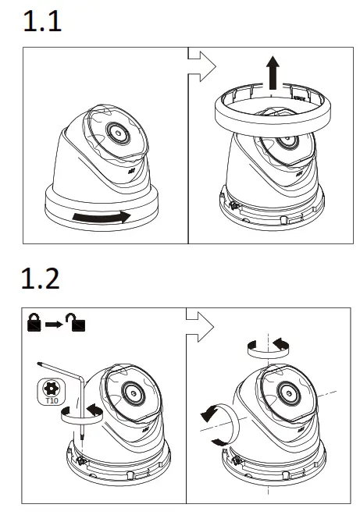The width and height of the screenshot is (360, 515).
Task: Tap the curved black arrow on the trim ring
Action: (98, 216)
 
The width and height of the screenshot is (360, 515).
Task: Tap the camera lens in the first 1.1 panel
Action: (118, 133)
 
